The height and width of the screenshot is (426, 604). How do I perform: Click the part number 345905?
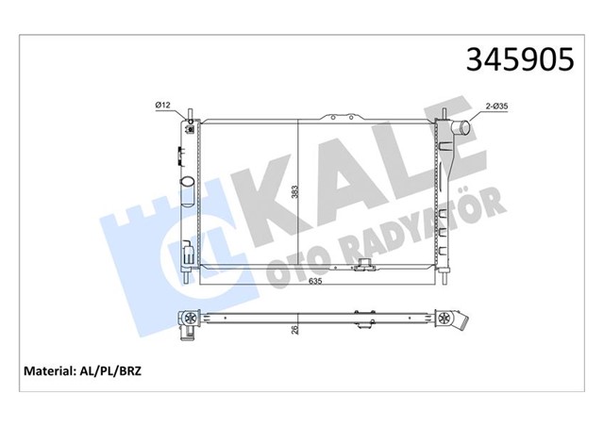[517, 58]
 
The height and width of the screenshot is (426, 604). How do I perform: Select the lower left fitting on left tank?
[188, 253]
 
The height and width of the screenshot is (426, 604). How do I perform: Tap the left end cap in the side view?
[189, 320]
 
